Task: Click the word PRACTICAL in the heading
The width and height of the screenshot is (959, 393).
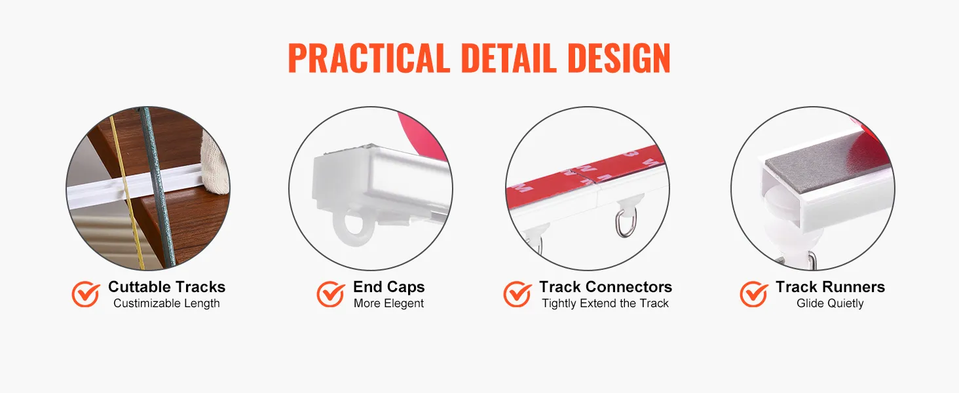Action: [x=369, y=58]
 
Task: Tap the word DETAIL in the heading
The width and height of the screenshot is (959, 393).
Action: [x=509, y=58]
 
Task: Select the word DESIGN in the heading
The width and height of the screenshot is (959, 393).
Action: [x=619, y=58]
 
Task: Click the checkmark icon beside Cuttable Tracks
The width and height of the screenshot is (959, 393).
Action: [x=86, y=294]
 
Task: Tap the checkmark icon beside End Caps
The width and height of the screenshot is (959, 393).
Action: [x=331, y=294]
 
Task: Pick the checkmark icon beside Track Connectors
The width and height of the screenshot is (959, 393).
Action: [x=517, y=294]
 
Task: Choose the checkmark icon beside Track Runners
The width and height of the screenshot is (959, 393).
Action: [x=753, y=294]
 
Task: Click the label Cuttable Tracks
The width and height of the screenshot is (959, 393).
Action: [x=166, y=286]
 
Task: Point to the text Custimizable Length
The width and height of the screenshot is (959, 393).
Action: [x=166, y=303]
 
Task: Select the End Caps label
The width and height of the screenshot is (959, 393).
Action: [x=388, y=287]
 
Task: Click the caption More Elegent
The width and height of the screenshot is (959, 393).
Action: [x=388, y=303]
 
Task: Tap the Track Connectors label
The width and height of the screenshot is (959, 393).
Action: [x=605, y=286]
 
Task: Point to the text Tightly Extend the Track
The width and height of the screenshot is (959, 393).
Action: [x=605, y=303]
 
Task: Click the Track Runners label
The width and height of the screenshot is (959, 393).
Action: [x=830, y=286]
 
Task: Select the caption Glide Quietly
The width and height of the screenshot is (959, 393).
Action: [x=830, y=303]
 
